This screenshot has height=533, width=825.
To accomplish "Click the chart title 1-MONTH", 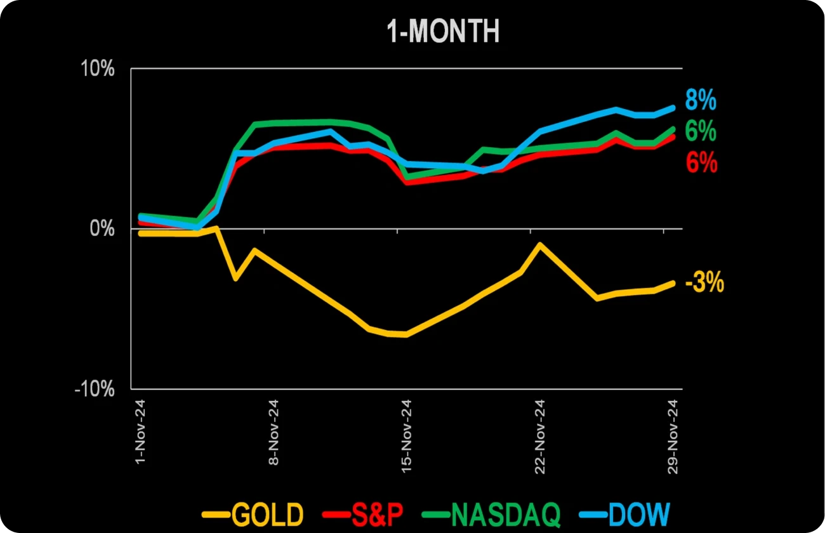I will pos(444,32).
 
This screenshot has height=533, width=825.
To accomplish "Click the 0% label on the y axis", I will pos(102,228).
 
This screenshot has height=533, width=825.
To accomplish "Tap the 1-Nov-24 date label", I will pos(140,431).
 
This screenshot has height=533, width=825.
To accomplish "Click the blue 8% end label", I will pos(701,100).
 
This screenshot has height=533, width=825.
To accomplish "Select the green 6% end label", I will pos(701,131).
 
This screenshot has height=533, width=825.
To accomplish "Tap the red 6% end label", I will pos(701,164).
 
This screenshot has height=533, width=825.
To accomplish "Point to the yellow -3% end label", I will pos(704,284).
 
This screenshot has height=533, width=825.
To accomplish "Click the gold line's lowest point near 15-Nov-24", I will pos(406,334).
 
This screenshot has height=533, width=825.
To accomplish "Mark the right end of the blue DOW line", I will pos(673,107).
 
